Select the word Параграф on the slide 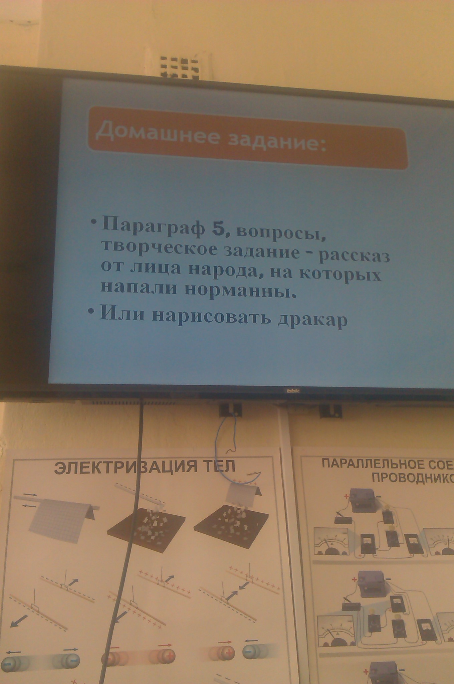coord(153,226)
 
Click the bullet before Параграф coord(95,222)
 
